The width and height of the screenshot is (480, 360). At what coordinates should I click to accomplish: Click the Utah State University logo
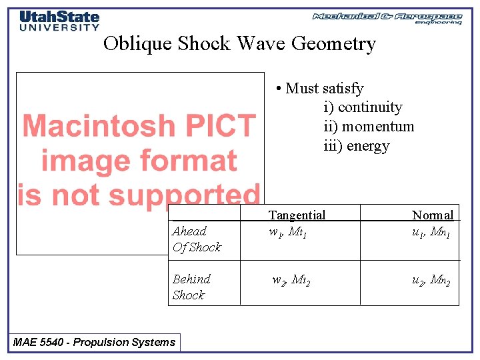59,21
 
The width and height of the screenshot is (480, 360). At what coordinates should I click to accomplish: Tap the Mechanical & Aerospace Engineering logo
387,18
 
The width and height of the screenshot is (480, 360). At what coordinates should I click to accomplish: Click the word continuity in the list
370,107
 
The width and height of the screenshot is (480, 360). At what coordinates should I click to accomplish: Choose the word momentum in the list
376,127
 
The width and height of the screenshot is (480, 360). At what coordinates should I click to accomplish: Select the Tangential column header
297,215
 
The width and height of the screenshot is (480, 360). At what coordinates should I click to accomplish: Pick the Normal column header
433,215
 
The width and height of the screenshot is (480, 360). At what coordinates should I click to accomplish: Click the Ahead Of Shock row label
196,239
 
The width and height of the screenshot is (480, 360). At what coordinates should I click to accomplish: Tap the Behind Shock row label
191,287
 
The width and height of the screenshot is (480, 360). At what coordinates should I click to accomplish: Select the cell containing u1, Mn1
431,233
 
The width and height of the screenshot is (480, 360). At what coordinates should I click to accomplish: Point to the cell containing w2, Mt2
291,281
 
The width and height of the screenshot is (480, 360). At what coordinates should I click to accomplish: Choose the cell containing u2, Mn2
431,281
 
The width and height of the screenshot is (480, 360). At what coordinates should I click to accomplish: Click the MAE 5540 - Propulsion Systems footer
94,343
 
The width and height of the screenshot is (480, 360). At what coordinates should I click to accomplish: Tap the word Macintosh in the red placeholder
139,125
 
